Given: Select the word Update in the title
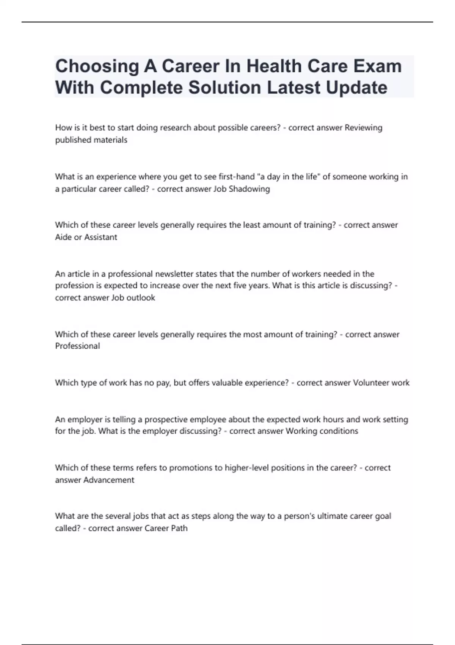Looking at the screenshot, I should coord(356,88).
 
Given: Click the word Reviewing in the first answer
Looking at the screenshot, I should coord(363,128).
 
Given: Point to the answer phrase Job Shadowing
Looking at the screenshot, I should coord(242,189).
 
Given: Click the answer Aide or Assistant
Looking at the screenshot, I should coord(86,237).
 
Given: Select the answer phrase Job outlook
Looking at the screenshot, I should coord(133,298).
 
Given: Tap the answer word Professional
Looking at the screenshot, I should coord(77,346).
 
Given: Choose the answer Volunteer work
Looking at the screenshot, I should coord(381,383).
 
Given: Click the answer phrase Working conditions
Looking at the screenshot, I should coord(322,431).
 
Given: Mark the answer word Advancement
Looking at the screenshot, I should coord(109,480).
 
